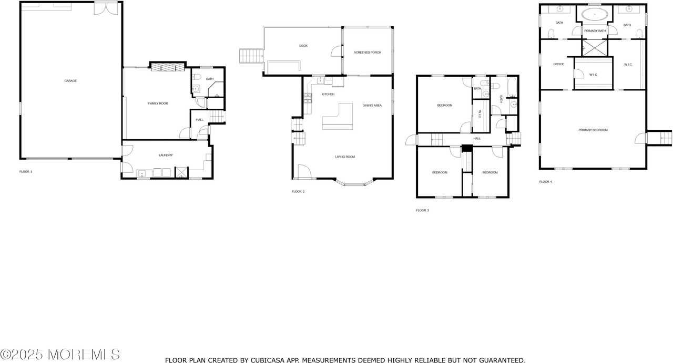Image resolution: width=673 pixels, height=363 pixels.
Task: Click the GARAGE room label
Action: [x=70, y=81]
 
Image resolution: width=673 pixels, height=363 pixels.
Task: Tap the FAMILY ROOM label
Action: [x=158, y=103]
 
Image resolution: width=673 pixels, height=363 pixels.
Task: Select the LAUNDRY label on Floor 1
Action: [x=166, y=155]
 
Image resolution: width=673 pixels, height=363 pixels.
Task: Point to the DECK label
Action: [x=303, y=46]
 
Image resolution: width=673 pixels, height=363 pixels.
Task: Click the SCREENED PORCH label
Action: [x=368, y=53]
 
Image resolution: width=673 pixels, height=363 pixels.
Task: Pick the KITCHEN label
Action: [x=328, y=94]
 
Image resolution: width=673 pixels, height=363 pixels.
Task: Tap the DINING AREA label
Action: [x=372, y=106]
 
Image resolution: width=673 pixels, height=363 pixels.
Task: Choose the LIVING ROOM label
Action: [x=345, y=157]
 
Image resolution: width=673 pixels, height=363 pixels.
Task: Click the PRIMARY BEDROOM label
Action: [x=593, y=130]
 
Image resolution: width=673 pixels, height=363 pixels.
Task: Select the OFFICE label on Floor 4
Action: [x=558, y=65]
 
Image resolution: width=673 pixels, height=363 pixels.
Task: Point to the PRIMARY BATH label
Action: [x=595, y=31]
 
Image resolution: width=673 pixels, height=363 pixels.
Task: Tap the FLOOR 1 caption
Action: [x=26, y=172]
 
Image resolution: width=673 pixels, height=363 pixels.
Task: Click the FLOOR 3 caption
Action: [x=422, y=210]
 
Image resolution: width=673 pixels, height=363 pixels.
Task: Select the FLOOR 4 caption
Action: [x=546, y=181]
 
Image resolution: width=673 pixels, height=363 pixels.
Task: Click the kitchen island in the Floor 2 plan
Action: [x=339, y=118]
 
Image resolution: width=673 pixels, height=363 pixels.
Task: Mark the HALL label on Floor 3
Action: [x=477, y=139]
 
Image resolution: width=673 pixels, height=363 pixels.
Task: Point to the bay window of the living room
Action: [x=355, y=184]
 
